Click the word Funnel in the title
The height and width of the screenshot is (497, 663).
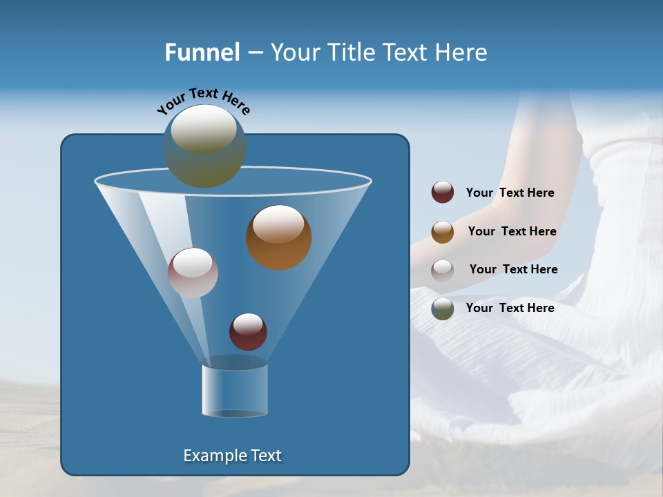point(202,52)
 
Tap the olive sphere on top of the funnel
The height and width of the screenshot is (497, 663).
point(204,146)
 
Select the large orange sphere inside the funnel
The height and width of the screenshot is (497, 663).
point(279,238)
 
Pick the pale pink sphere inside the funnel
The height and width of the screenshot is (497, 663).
point(193,273)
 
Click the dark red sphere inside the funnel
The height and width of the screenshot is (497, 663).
point(248,332)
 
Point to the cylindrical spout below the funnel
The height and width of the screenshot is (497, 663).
point(235,390)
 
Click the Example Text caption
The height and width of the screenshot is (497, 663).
point(232,456)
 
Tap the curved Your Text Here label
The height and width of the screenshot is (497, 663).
point(203,101)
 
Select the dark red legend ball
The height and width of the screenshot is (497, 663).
point(443,193)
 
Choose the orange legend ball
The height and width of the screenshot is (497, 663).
point(443,231)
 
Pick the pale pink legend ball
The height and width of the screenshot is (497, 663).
point(443,270)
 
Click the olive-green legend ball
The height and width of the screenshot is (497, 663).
point(443,309)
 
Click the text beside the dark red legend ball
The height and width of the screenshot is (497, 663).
point(510,193)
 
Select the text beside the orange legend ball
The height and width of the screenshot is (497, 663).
point(512,231)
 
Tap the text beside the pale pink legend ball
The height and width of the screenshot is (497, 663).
point(513,269)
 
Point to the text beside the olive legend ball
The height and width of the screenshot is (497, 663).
point(510,308)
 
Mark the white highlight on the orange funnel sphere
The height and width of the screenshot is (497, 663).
point(279,225)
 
